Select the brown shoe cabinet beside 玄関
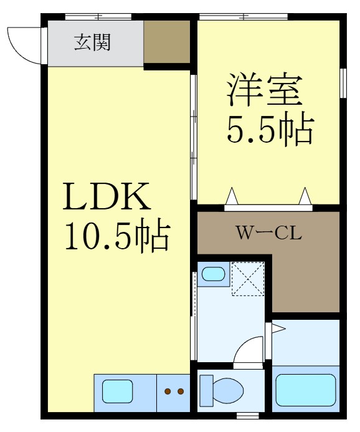pos(167,42)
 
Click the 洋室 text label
pos(265,90)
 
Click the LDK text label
pos(105,197)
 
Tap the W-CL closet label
pos(268,234)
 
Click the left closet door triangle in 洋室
pos(232,196)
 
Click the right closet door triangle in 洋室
pos(305,196)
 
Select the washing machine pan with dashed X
pos(247,278)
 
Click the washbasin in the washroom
pos(214,274)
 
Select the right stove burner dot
pos(181,391)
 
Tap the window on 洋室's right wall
pos(343,82)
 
